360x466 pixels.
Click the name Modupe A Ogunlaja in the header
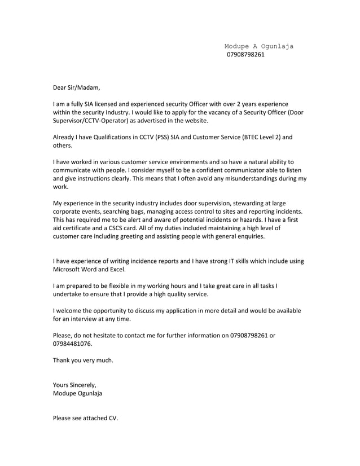258,46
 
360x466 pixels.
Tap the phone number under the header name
245,55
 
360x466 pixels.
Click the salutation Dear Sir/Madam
76,87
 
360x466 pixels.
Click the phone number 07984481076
72,344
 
